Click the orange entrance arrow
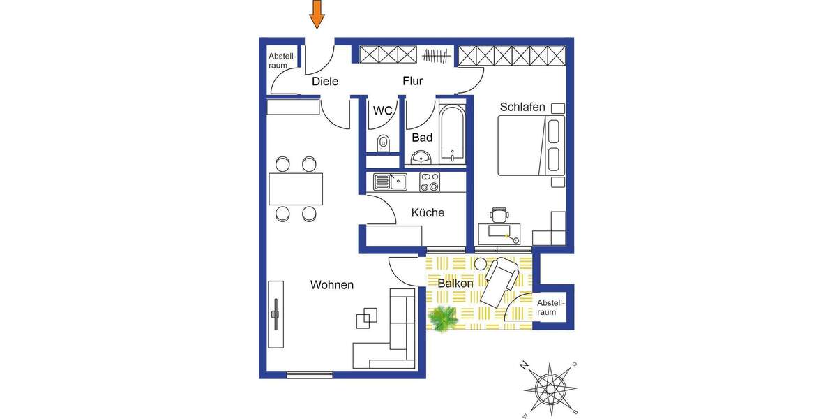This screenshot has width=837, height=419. [x=317, y=14]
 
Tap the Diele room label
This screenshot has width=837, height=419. [x=325, y=82]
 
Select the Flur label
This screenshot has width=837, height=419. [x=413, y=82]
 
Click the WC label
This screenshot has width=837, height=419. [x=383, y=110]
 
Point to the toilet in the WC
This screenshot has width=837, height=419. [x=382, y=144]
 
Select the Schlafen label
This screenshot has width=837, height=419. [x=522, y=107]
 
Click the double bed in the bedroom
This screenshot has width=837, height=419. [x=530, y=146]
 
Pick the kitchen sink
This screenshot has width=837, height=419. [x=390, y=182]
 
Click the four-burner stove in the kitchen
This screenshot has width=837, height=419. [x=430, y=182]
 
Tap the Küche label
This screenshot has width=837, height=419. [x=428, y=213]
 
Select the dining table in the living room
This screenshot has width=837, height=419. [x=296, y=189]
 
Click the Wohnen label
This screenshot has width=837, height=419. [x=332, y=285]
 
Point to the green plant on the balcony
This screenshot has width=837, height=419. [x=443, y=319]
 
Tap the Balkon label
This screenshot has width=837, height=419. [x=455, y=284]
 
